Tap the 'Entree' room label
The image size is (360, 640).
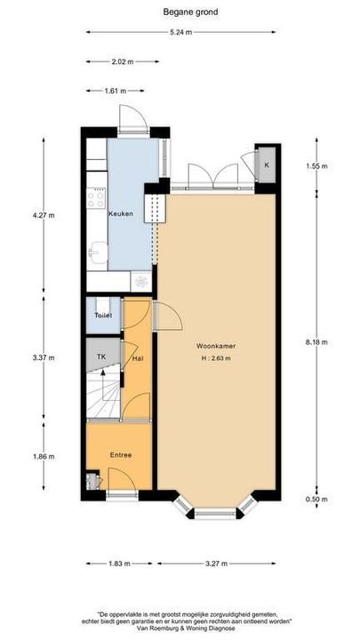point(120,455)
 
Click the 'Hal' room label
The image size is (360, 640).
point(138,358)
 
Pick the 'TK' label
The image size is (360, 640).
point(102,356)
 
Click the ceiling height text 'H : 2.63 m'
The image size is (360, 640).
point(216,359)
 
